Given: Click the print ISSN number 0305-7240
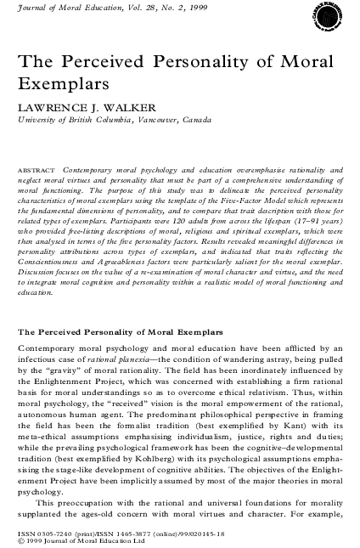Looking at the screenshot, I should click(51, 532).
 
